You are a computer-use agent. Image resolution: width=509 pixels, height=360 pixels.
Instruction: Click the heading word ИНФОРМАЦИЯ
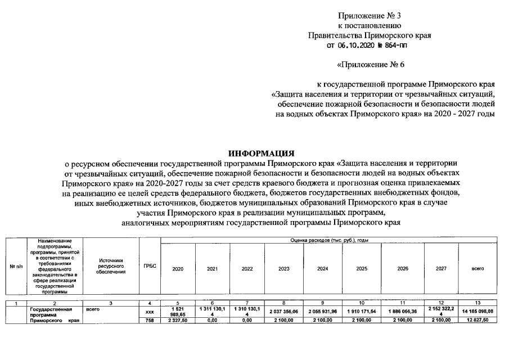click(x=261, y=153)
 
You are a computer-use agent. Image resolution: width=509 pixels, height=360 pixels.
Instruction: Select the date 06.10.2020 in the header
click(x=358, y=46)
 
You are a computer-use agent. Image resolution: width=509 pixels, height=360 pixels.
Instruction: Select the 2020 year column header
click(x=178, y=269)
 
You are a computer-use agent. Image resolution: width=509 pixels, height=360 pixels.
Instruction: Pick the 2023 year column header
click(x=283, y=269)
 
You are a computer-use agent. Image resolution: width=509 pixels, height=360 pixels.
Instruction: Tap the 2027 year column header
click(x=441, y=269)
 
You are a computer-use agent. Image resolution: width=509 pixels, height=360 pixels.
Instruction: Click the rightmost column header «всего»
click(x=478, y=269)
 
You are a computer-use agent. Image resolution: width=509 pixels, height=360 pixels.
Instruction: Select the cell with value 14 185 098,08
click(x=478, y=311)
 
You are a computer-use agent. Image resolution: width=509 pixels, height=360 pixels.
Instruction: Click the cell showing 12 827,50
click(x=478, y=320)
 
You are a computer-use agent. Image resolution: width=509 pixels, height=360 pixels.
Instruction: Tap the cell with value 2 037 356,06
click(x=283, y=311)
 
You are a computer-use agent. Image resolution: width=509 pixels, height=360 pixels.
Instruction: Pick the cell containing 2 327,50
click(x=178, y=320)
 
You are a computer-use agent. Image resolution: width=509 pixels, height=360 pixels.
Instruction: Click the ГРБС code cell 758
click(x=150, y=320)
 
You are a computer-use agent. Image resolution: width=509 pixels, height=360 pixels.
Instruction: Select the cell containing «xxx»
click(x=150, y=311)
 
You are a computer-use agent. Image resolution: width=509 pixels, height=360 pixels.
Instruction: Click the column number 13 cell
click(x=478, y=304)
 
